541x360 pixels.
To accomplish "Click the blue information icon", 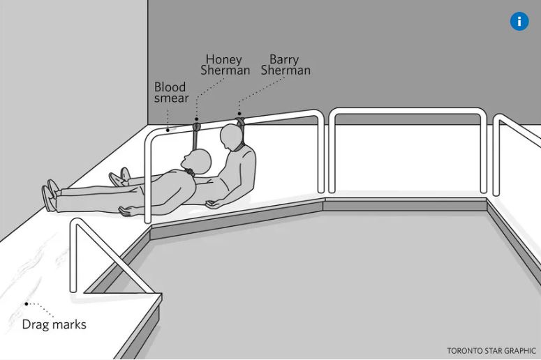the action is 519,22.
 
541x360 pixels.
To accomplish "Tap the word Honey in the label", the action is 223,60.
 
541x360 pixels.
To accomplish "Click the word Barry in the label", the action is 284,60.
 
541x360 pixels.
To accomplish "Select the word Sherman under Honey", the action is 225,70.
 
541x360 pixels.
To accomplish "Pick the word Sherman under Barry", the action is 286,70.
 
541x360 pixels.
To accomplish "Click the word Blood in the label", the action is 170,87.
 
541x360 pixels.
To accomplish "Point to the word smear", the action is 171,98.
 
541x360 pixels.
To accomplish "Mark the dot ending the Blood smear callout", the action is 168,130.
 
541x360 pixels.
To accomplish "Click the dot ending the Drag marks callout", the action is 27,303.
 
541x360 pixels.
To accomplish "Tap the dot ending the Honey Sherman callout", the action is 197,119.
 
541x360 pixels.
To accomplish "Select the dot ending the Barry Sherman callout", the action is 239,114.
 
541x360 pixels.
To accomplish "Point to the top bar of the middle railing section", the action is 407,111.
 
